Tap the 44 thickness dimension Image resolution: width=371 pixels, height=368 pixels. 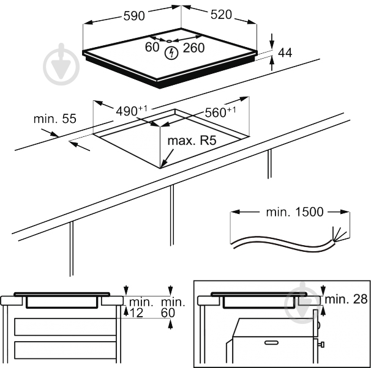[x=285, y=53]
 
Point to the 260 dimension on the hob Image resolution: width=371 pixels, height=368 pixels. [x=193, y=47]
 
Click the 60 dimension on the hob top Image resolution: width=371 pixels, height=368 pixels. [x=152, y=47]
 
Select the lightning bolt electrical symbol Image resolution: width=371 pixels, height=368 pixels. [x=173, y=54]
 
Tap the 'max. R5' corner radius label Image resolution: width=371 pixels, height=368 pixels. [x=192, y=141]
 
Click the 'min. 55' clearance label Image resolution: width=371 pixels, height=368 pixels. [x=54, y=119]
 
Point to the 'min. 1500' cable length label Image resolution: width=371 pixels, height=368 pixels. [x=294, y=212]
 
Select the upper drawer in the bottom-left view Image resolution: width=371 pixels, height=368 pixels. [x=64, y=326]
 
